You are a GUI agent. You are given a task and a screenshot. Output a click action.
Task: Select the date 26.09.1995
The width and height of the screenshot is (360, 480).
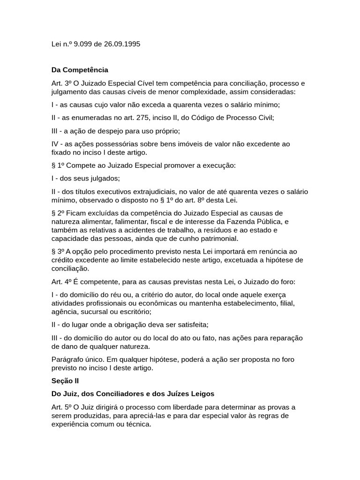point(123,44)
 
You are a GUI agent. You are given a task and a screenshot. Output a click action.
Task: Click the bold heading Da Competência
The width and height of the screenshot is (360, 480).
point(80,70)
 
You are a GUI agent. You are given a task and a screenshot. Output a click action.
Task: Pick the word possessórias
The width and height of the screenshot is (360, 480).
point(110,144)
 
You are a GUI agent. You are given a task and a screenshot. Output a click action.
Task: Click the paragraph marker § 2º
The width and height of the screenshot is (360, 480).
point(57,213)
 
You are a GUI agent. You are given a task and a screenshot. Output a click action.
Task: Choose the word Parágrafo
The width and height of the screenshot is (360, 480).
point(69,359)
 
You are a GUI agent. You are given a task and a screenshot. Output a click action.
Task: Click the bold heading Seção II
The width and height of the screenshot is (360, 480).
point(65,381)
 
